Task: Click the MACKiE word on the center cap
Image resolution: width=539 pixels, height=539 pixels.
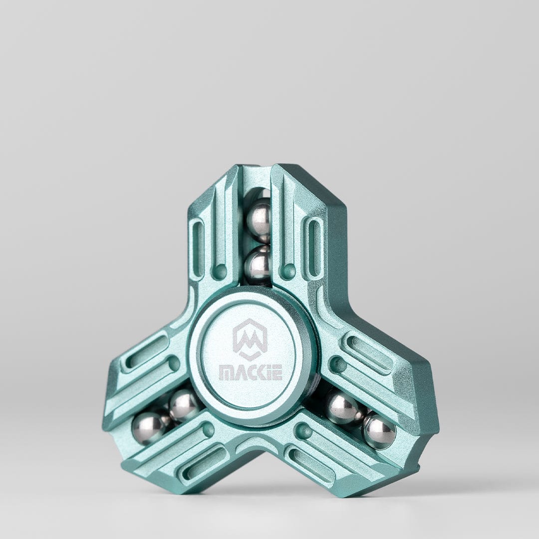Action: click(x=250, y=372)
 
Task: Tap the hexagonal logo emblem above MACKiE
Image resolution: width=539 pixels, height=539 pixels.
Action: click(x=250, y=339)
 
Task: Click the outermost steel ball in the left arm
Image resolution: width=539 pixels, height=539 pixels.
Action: click(x=148, y=428)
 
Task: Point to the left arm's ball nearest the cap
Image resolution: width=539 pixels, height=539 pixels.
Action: click(x=184, y=405)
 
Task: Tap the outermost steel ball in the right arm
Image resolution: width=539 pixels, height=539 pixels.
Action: click(x=379, y=431)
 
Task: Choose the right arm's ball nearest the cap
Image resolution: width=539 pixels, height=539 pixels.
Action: click(x=342, y=407)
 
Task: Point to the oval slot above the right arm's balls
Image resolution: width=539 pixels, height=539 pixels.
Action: click(x=368, y=353)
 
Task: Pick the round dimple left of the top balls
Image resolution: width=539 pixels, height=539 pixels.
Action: click(x=219, y=272)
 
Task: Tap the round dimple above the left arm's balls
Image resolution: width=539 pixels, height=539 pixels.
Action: click(x=174, y=364)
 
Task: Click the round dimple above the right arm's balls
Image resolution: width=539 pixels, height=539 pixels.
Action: click(x=338, y=364)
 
